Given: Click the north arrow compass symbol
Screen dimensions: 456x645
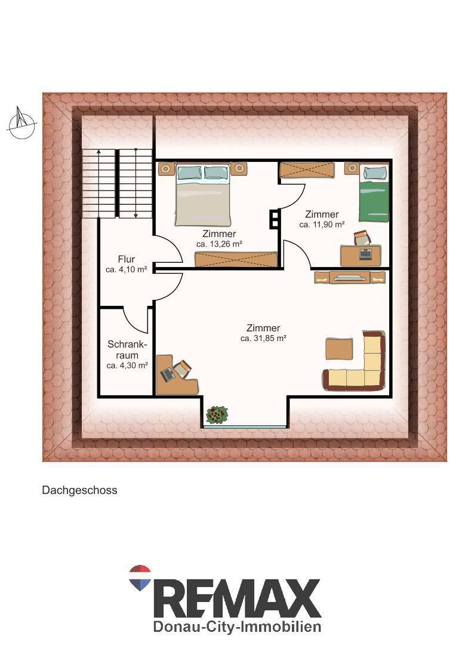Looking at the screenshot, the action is [x=21, y=124].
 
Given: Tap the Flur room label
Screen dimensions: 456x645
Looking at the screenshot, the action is [x=126, y=259].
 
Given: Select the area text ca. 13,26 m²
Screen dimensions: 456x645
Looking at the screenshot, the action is [x=218, y=244].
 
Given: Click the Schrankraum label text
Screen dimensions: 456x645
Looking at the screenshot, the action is [x=127, y=349].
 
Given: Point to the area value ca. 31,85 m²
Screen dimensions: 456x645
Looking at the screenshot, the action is [x=263, y=339].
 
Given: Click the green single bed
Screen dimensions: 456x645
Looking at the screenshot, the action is [x=374, y=192].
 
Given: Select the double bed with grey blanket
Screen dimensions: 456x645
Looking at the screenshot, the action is [x=202, y=195].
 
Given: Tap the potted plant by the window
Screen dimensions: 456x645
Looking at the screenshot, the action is [x=217, y=415].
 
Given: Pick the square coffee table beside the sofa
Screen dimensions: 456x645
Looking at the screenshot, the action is [x=339, y=349].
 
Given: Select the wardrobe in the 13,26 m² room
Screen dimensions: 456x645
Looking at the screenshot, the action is [x=236, y=260].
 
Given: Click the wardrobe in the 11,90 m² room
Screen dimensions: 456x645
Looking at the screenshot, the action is [x=307, y=170].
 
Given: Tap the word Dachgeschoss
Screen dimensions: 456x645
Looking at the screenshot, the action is [x=79, y=490].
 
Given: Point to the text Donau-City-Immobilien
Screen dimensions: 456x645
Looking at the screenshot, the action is [x=237, y=626].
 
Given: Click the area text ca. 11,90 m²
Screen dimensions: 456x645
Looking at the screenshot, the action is [x=322, y=225].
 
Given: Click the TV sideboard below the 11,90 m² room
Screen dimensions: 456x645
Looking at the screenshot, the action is [x=350, y=277].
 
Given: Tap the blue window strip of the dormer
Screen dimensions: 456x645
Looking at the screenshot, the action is [x=245, y=426].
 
